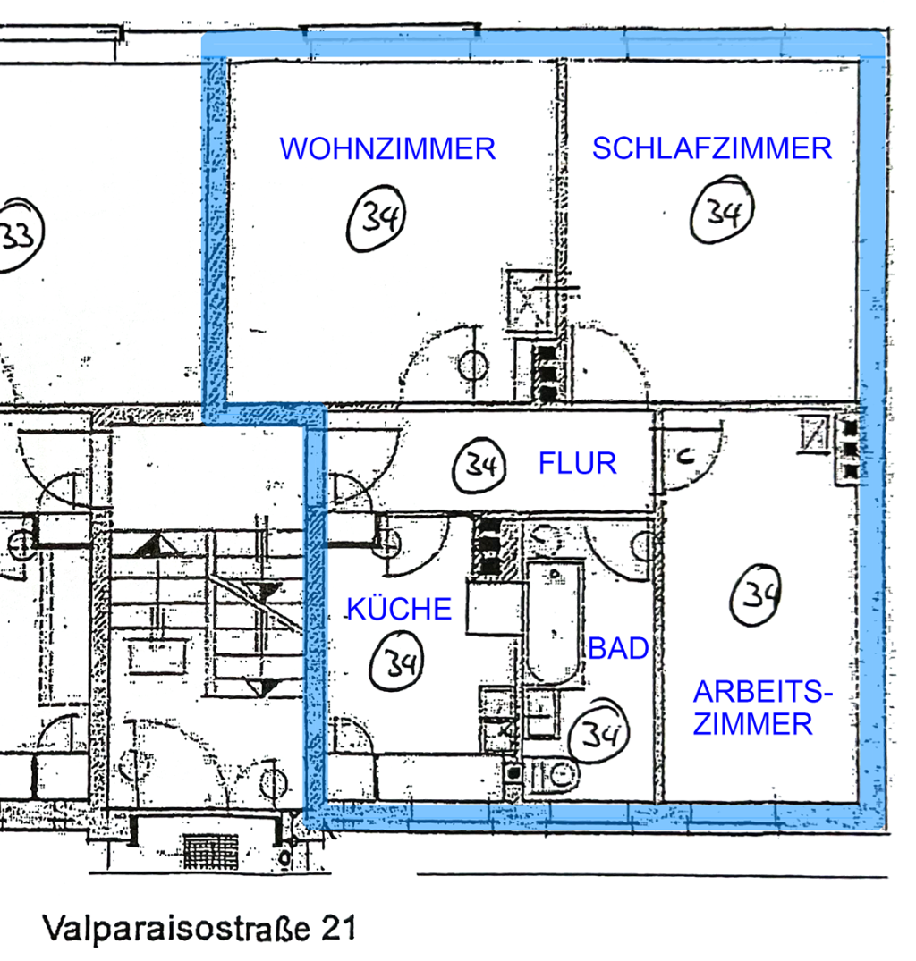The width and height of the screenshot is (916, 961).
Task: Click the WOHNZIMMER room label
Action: click(387, 149)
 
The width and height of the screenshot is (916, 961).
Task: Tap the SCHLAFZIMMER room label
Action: click(712, 148)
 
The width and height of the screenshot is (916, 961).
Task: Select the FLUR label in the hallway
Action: click(578, 463)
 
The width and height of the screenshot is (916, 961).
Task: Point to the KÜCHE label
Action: click(399, 608)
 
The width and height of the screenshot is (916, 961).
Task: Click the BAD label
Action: click(619, 648)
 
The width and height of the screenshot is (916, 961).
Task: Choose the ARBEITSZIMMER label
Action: click(762, 708)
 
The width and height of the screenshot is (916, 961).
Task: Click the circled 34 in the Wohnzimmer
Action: click(377, 218)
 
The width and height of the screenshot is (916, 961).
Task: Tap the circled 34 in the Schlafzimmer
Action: click(722, 210)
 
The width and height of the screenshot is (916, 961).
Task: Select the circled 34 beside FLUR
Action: click(479, 466)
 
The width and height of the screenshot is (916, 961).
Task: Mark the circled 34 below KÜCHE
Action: click(397, 662)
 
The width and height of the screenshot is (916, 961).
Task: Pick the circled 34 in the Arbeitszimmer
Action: click(755, 595)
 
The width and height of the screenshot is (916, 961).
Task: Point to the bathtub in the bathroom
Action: click(555, 623)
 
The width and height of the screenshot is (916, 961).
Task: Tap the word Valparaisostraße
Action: click(176, 928)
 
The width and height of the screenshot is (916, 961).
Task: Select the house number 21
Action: click(338, 929)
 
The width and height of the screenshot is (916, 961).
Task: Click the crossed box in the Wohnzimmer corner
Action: click(530, 301)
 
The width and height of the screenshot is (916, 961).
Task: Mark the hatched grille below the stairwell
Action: click(211, 850)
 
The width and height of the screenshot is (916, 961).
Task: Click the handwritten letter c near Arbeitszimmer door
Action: click(685, 455)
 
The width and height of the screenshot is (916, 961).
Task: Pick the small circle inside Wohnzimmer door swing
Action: click(472, 366)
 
